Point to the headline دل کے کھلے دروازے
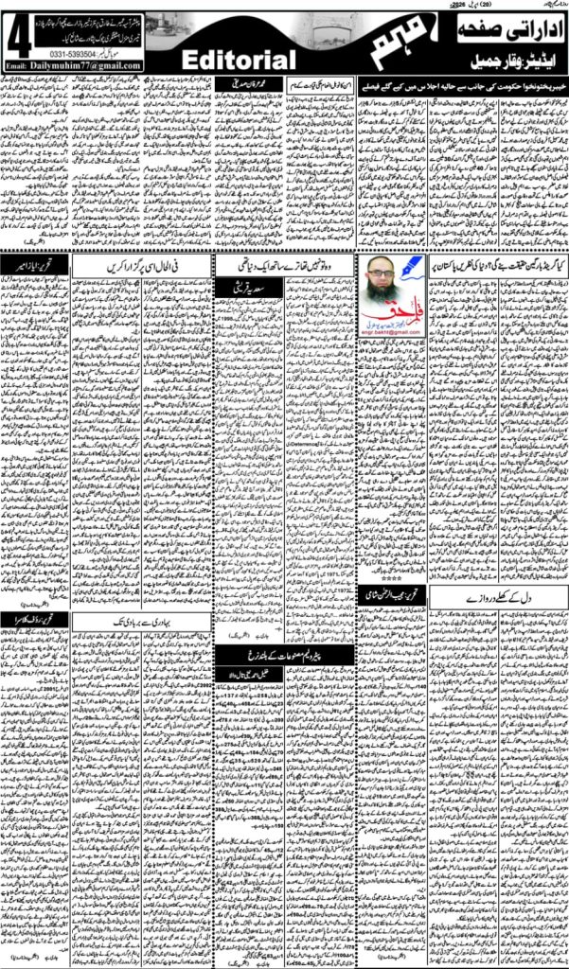(497, 602)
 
